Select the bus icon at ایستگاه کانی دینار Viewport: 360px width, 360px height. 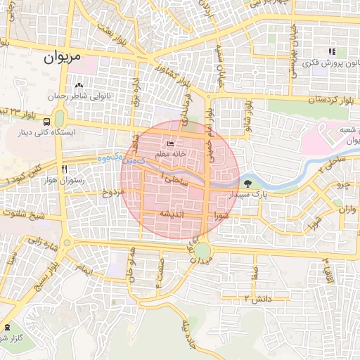(59, 117)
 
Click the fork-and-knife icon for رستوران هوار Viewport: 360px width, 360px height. (64, 169)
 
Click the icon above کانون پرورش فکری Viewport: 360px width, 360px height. (331, 51)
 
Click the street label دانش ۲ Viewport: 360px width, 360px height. (257, 300)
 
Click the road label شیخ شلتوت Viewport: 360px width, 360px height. (24, 214)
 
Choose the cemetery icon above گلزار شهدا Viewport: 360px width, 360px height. (7, 327)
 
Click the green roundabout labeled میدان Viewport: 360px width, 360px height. (202, 250)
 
